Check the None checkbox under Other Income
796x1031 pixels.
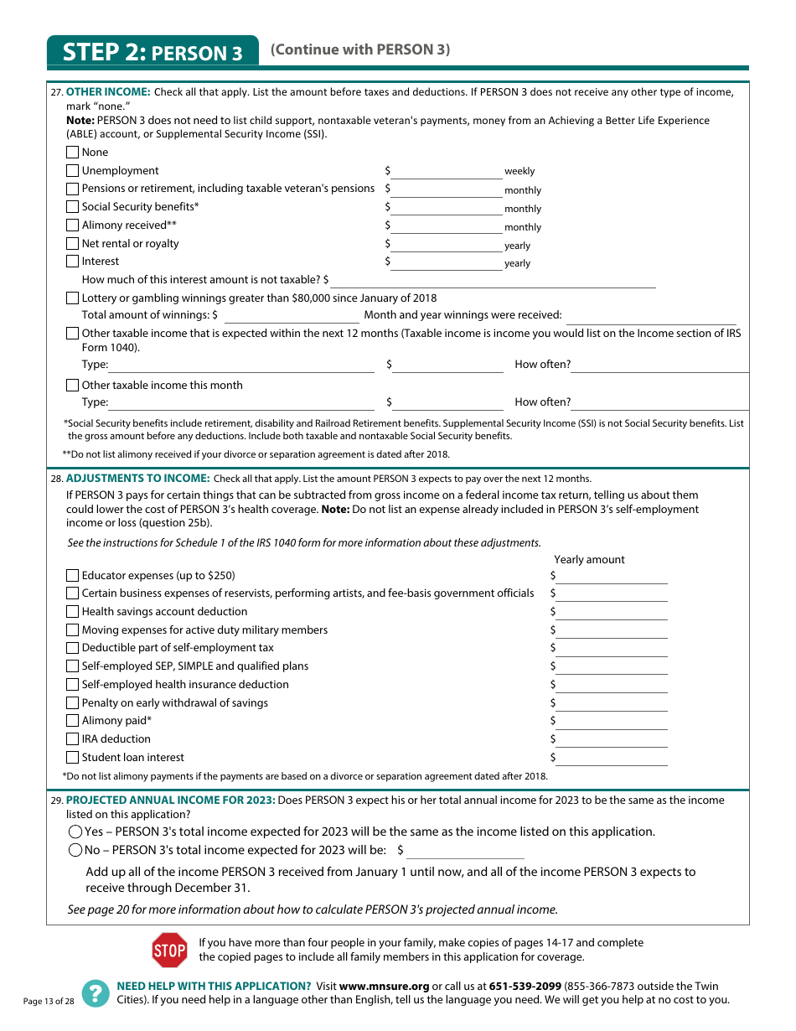(73, 153)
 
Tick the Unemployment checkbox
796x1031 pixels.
(73, 171)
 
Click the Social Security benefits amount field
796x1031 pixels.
(447, 207)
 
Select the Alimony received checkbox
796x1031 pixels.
(73, 225)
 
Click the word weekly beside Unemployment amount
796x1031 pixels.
(519, 171)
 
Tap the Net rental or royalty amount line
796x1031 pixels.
(447, 244)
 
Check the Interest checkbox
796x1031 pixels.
(73, 262)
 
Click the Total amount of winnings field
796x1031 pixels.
(292, 316)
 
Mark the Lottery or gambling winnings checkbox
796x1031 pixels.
(73, 298)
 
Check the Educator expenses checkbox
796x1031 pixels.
(73, 576)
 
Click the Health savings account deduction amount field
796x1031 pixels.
(612, 612)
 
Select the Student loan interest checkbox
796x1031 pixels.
(73, 758)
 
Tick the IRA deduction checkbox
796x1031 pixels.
(73, 739)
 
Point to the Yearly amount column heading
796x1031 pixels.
(589, 560)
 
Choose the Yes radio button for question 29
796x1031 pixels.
(75, 832)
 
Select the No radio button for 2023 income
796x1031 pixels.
(75, 850)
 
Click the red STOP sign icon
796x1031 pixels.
(169, 950)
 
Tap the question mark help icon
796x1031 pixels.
(96, 993)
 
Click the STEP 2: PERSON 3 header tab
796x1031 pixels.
(152, 53)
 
